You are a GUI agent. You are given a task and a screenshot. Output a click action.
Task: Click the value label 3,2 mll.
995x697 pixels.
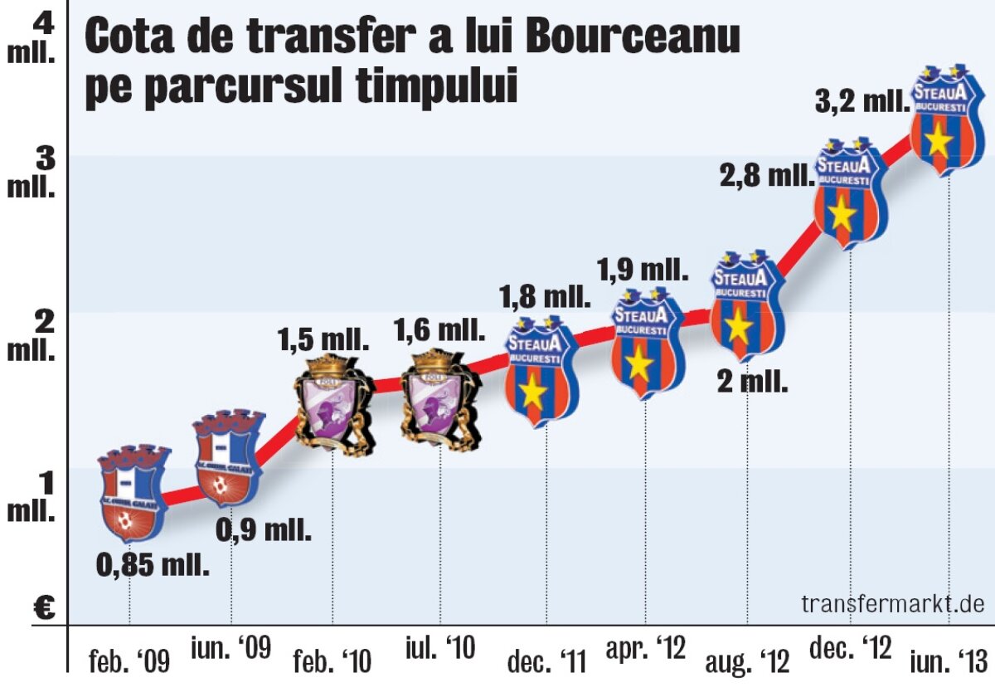pos(862,105)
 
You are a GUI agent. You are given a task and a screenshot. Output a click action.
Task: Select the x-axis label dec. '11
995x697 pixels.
pos(546,661)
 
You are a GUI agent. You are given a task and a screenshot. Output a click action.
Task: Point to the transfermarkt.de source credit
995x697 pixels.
pos(893,603)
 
